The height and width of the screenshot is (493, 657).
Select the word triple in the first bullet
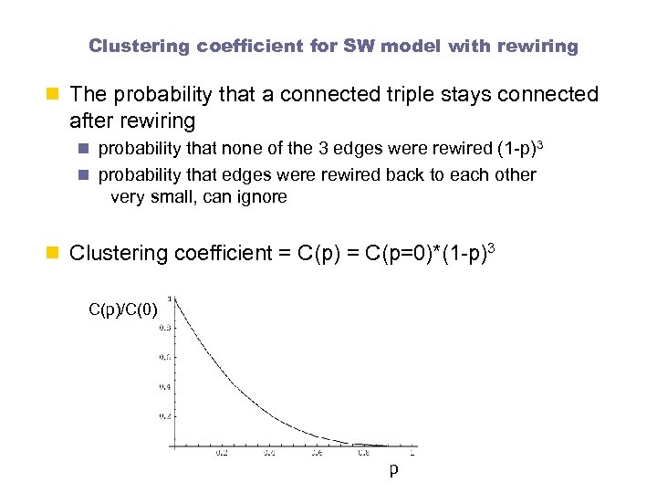(x=402, y=94)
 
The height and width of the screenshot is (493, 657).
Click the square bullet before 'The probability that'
(x=57, y=94)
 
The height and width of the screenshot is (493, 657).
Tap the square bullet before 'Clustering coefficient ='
(x=57, y=253)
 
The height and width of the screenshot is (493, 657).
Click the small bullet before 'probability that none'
(x=87, y=148)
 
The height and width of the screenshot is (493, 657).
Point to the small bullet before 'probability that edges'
(x=87, y=174)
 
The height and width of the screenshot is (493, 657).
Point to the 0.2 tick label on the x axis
(x=222, y=452)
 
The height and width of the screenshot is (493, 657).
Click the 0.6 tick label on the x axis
(x=317, y=452)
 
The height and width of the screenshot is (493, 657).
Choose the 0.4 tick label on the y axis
(x=163, y=386)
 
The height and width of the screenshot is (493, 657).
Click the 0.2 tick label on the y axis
(x=163, y=416)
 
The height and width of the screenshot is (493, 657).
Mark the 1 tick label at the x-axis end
(x=412, y=452)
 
